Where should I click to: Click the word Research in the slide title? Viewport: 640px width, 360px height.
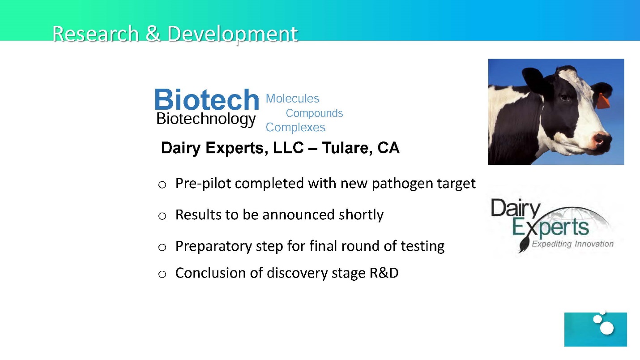click(x=95, y=34)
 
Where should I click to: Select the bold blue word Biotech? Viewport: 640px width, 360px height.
click(x=207, y=99)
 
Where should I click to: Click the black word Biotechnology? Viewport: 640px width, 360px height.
click(x=206, y=119)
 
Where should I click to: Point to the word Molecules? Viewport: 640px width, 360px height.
click(x=292, y=99)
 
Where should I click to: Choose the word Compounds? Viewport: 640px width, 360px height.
click(x=314, y=114)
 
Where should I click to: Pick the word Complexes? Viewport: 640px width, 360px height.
click(x=295, y=128)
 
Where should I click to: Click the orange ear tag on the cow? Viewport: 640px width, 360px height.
click(x=602, y=102)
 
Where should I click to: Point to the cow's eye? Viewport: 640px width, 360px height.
click(x=564, y=98)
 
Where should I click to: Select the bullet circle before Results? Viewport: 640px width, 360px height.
click(x=162, y=216)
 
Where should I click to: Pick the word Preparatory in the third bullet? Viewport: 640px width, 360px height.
click(x=214, y=246)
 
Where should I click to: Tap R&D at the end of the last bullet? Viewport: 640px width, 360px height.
click(x=384, y=273)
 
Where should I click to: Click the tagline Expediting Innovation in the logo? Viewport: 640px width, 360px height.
click(x=572, y=244)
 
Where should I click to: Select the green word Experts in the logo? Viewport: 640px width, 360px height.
click(x=550, y=228)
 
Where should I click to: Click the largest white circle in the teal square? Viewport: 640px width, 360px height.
click(x=607, y=328)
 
